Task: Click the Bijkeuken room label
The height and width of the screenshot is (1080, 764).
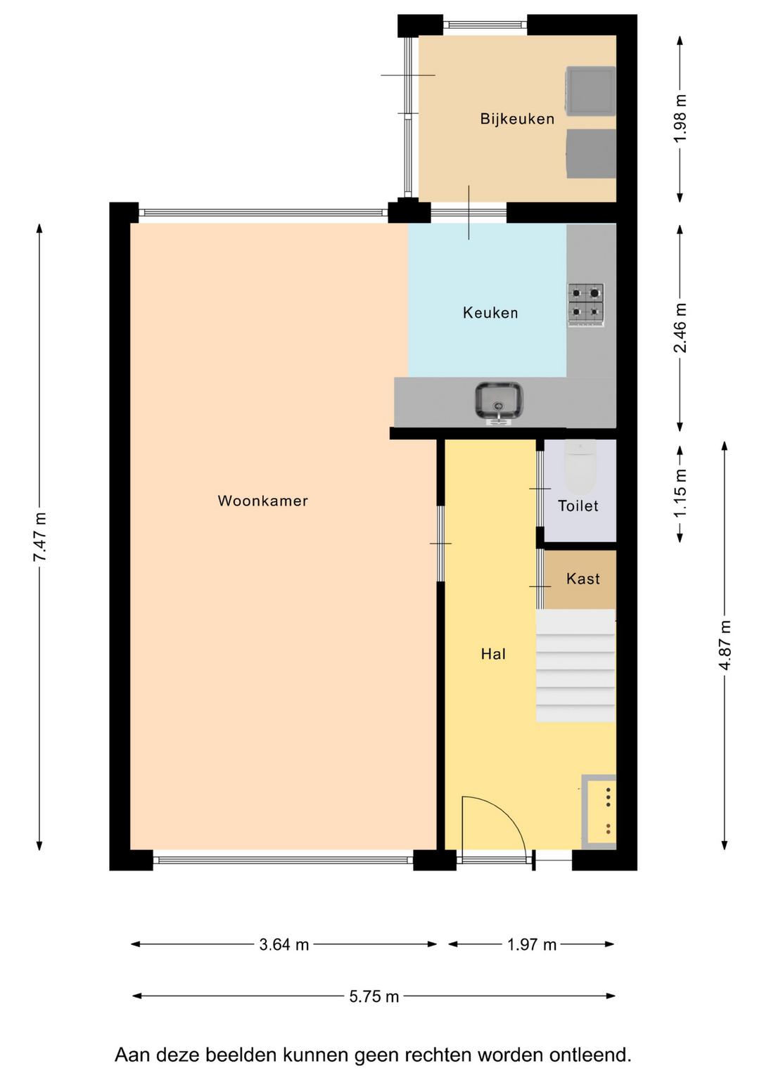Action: [x=517, y=119]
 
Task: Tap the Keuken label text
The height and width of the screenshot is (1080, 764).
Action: [x=490, y=312]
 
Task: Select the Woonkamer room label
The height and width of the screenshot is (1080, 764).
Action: [x=262, y=501]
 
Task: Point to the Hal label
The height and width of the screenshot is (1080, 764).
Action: [x=493, y=654]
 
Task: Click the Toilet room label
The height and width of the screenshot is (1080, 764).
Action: [x=578, y=506]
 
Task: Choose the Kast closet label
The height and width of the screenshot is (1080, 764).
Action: [x=583, y=578]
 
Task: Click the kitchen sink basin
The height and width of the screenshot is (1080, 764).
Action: [x=499, y=402]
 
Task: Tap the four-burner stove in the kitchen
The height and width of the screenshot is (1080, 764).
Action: [x=586, y=304]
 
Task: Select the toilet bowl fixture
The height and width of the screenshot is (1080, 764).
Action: [x=581, y=465]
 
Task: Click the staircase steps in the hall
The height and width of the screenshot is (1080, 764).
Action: [x=576, y=665]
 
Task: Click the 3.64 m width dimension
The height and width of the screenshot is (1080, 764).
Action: [x=284, y=944]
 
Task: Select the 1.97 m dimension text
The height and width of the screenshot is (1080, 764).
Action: [x=532, y=944]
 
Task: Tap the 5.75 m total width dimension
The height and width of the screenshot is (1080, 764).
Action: [x=374, y=996]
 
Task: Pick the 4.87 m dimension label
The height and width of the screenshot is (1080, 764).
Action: [x=725, y=644]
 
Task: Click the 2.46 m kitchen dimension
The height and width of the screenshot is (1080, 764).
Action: [x=680, y=328]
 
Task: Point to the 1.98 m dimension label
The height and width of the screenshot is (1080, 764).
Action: [x=680, y=119]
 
